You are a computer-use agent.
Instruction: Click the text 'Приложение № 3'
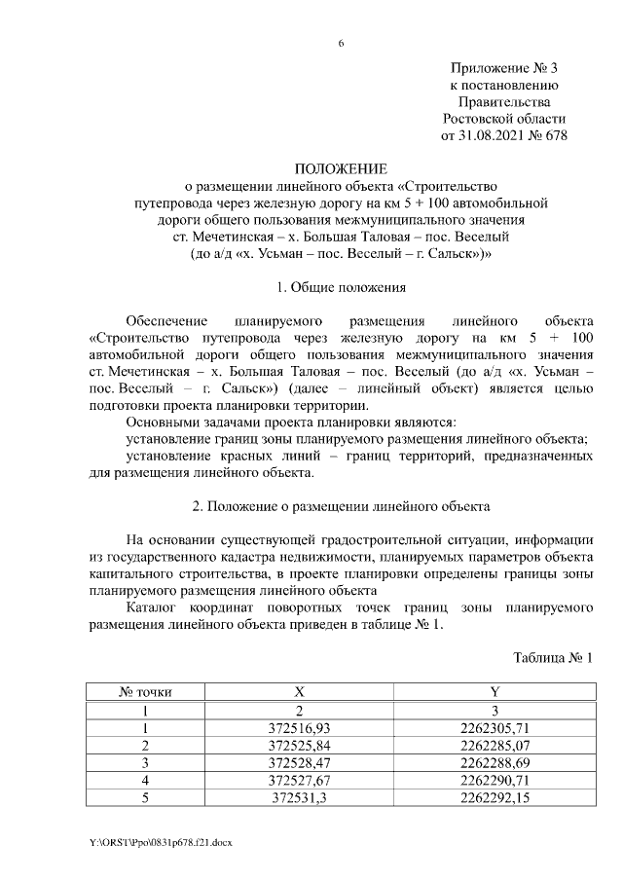(x=505, y=68)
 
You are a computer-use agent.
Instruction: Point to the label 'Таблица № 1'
(x=552, y=659)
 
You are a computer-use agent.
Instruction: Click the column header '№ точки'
(x=145, y=692)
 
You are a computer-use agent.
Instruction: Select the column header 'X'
(x=300, y=692)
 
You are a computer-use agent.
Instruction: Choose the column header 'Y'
(x=495, y=692)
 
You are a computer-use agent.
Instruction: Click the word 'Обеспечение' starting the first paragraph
(x=166, y=320)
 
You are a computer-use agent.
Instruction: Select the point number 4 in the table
(x=145, y=780)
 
